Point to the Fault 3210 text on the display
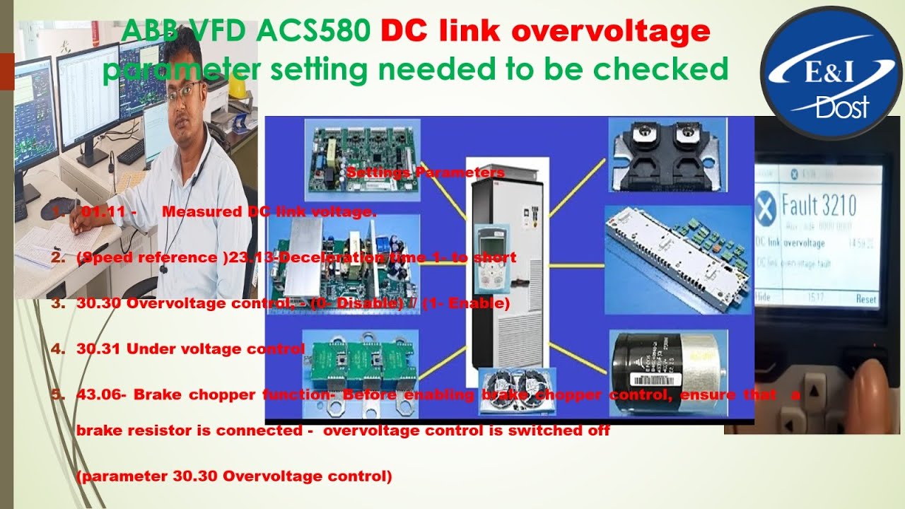819,206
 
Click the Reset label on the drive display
866,298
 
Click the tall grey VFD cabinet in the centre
506,269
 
